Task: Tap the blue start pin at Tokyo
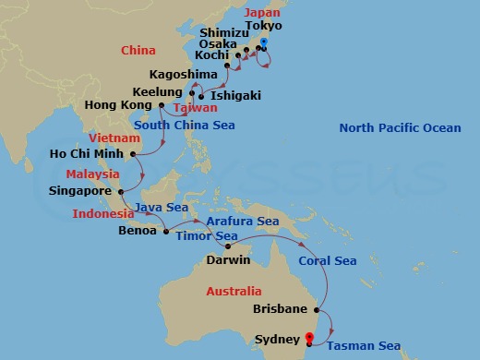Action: (264, 43)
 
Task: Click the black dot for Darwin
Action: (227, 247)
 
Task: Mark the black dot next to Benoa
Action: (166, 231)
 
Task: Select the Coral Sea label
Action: (327, 261)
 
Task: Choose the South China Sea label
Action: (184, 125)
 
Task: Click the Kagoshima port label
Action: (183, 73)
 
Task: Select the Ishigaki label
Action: (234, 95)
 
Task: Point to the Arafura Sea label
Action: (243, 222)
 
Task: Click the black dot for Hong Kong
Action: (161, 105)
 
